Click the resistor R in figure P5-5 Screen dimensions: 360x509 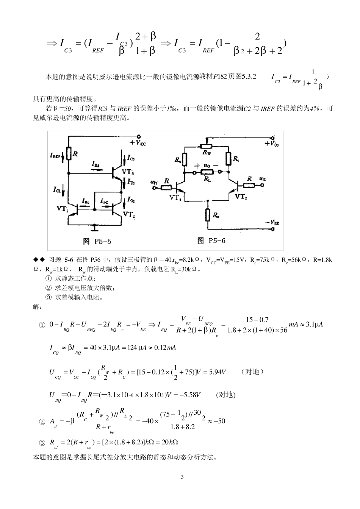pos(69,153)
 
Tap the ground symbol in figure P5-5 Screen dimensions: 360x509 pos(94,227)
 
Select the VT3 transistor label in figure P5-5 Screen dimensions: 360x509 pos(128,172)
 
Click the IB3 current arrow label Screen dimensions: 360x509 pos(95,164)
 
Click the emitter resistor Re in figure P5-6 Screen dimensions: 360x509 pos(208,215)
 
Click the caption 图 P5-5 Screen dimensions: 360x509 pos(97,241)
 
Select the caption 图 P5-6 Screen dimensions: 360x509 pos(212,240)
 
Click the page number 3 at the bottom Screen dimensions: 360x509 pos(182,476)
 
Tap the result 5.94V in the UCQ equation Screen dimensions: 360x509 pos(217,372)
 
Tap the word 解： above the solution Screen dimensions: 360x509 pos(38,307)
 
